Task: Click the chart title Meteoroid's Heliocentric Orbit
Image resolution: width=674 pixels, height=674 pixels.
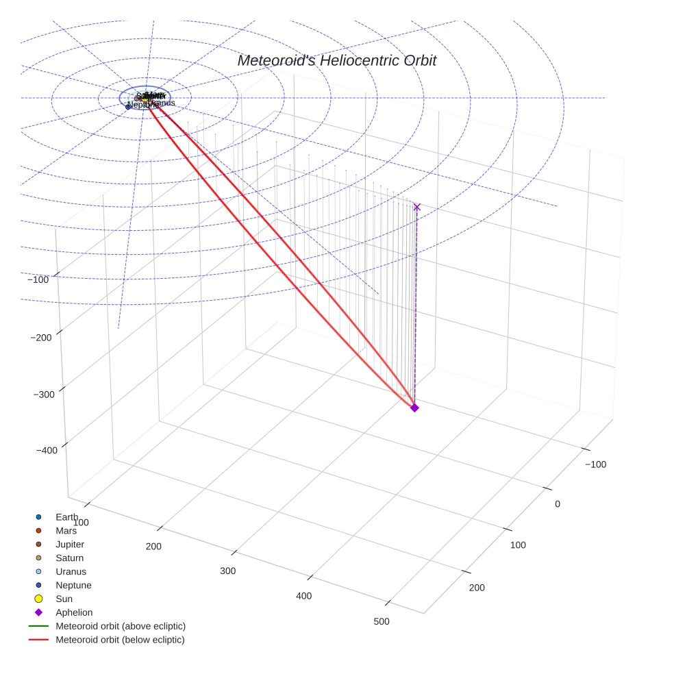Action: (336, 61)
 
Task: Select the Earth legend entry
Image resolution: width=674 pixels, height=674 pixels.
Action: (66, 517)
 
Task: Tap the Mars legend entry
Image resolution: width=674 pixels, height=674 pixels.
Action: (66, 531)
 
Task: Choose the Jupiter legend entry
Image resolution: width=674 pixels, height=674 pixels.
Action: (70, 545)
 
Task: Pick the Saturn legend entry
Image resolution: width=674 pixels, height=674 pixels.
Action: (69, 558)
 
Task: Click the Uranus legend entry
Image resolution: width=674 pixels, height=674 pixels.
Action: (71, 572)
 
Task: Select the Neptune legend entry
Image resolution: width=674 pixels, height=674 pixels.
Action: (73, 586)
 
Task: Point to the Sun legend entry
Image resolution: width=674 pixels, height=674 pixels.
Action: (64, 599)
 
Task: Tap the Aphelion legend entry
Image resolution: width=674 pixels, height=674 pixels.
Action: (74, 613)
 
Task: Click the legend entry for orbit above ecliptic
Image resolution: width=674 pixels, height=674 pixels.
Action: (121, 626)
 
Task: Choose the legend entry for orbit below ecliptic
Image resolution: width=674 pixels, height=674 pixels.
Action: (120, 640)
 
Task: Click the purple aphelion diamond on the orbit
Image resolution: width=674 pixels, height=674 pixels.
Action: (414, 408)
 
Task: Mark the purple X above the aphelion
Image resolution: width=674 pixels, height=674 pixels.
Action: (417, 207)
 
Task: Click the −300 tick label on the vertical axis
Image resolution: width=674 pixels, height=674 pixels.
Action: (45, 394)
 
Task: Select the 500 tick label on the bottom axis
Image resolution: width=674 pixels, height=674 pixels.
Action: (382, 622)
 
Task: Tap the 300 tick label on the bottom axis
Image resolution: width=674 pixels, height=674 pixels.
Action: (227, 571)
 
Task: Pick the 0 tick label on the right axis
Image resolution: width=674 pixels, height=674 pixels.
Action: (558, 504)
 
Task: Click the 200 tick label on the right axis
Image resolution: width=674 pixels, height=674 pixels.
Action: (477, 588)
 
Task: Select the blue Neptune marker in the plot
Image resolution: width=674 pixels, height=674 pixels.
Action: (128, 106)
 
